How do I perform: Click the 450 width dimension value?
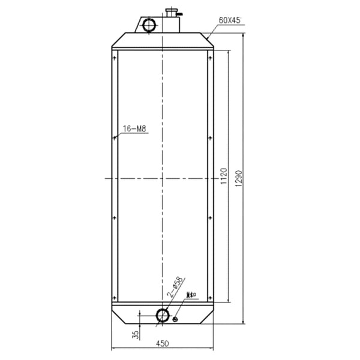pyautogui.click(x=162, y=343)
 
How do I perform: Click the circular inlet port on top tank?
pyautogui.click(x=149, y=25)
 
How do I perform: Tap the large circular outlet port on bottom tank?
pyautogui.click(x=163, y=316)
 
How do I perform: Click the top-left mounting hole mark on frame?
pyautogui.click(x=113, y=58)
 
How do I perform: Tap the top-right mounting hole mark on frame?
pyautogui.click(x=211, y=58)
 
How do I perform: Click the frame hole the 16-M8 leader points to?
pyautogui.click(x=113, y=138)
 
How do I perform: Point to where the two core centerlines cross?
pyautogui.click(x=162, y=178)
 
